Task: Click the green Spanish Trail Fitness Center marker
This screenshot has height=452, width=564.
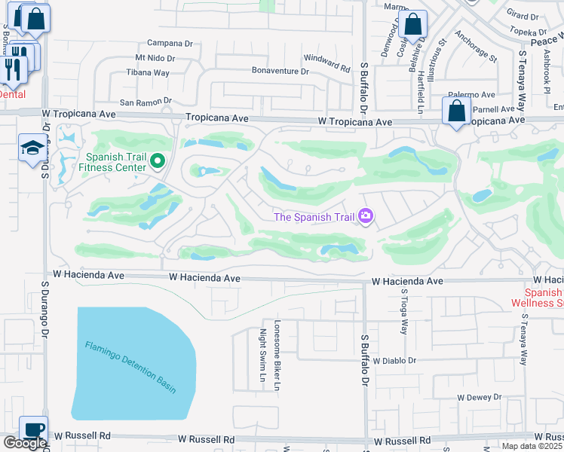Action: [x=158, y=160]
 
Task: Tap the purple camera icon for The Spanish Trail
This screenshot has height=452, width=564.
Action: [x=366, y=217]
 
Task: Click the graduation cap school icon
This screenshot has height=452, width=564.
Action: [x=32, y=148]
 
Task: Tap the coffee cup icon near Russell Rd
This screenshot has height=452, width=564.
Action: [x=33, y=429]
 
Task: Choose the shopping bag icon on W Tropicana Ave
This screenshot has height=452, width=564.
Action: [x=457, y=113]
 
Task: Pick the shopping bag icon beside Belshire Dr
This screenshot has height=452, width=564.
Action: [x=414, y=25]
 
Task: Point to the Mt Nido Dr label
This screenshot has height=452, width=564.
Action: [x=155, y=58]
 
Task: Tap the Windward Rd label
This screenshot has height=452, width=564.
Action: [x=326, y=63]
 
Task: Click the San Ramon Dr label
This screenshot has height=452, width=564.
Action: [x=146, y=101]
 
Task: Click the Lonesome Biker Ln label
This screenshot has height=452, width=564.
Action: [x=277, y=355]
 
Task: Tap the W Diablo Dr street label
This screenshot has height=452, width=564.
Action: [x=394, y=361]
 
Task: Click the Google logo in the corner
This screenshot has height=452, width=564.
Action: [x=24, y=443]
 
